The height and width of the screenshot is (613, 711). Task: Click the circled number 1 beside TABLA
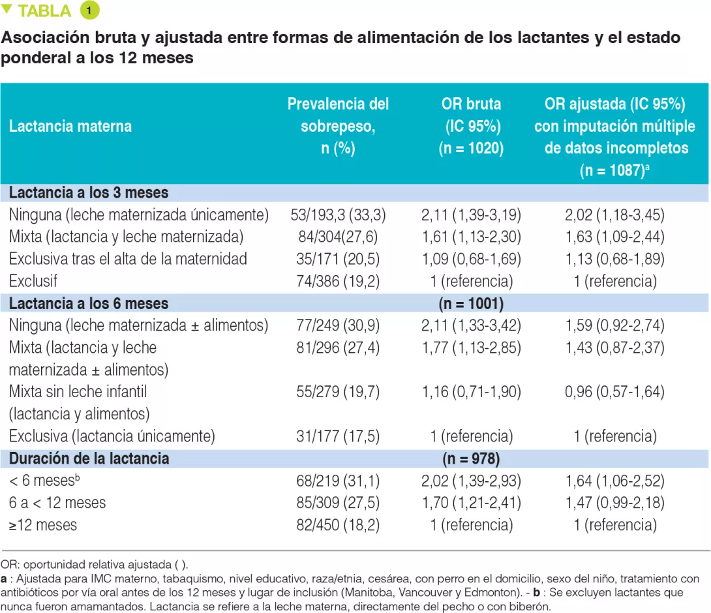click(x=89, y=11)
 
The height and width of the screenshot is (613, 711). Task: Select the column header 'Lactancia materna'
click(x=70, y=126)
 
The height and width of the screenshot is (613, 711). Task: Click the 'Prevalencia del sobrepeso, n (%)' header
click(x=338, y=126)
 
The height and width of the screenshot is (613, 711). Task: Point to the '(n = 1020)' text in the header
click(x=471, y=148)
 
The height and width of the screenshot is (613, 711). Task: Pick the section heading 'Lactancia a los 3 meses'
click(x=89, y=193)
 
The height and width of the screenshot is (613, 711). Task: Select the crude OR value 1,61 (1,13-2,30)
click(x=471, y=236)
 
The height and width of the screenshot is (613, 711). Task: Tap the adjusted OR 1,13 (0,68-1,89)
click(x=614, y=259)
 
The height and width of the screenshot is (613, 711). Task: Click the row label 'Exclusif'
click(x=32, y=281)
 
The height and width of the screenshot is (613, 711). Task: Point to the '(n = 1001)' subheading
click(x=471, y=304)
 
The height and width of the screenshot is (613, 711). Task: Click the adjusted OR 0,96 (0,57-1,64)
click(x=614, y=392)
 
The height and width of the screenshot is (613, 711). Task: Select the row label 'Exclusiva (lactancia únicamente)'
click(x=112, y=436)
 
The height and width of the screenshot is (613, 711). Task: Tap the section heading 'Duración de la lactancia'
click(x=89, y=458)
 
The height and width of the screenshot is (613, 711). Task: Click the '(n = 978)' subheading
click(x=471, y=458)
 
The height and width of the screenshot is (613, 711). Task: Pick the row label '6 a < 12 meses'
click(x=57, y=503)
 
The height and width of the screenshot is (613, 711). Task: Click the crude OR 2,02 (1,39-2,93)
click(x=471, y=481)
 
